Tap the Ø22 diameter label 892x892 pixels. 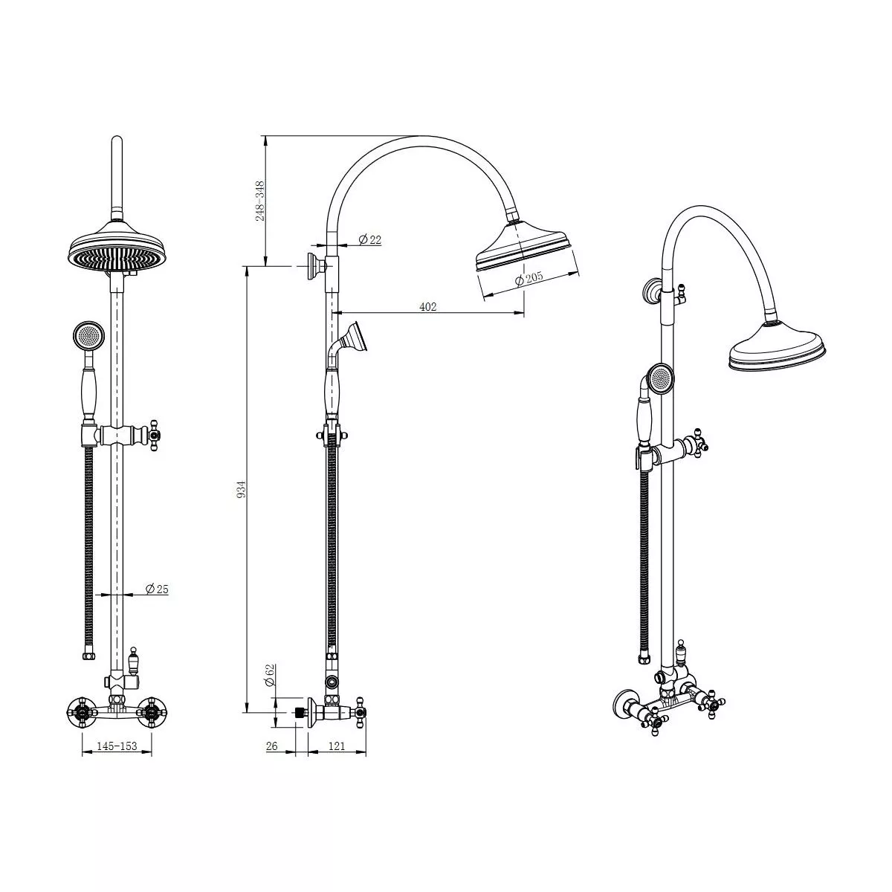pos(369,239)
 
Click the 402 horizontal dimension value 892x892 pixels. pos(428,306)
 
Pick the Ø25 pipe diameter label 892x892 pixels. pos(156,589)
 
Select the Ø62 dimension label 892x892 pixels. pos(269,676)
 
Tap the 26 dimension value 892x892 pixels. pos(271,746)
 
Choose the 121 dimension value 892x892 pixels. pos(336,746)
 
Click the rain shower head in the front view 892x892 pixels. pos(116,251)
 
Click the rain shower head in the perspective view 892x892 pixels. pos(777,352)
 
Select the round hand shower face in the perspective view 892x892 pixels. pos(659,378)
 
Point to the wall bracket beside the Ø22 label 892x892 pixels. pos(314,266)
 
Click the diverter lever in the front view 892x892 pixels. pos(135,657)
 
